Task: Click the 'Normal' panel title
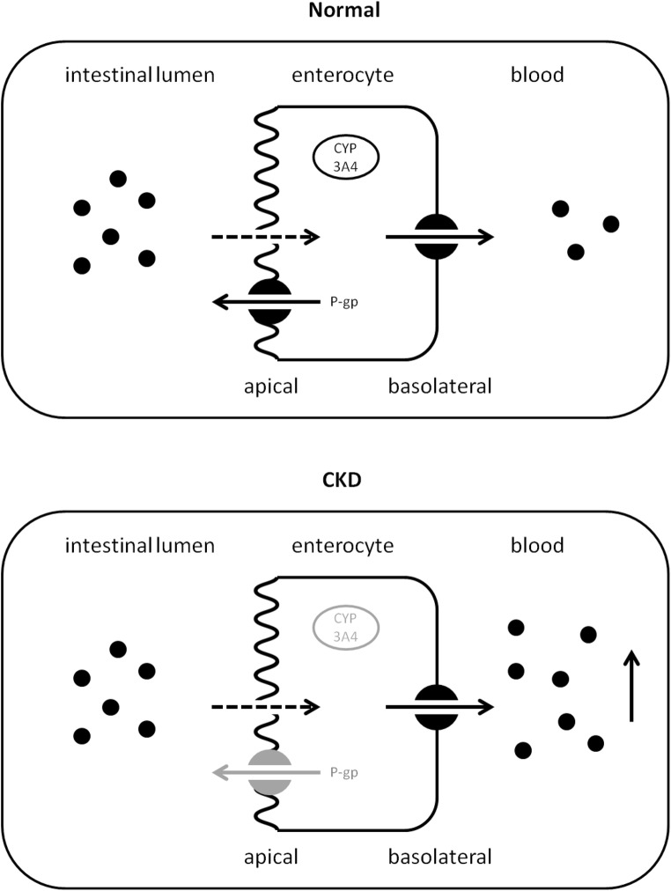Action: point(335,12)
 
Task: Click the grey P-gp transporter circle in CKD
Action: point(270,772)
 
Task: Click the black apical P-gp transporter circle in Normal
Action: point(270,302)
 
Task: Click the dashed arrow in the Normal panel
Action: point(264,237)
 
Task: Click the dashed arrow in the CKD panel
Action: point(264,706)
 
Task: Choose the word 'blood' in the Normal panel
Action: point(536,76)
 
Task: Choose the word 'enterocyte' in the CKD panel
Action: point(342,546)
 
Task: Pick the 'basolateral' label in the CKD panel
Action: point(440,855)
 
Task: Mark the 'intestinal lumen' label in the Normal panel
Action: point(140,76)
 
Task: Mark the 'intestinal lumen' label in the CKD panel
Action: point(140,546)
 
